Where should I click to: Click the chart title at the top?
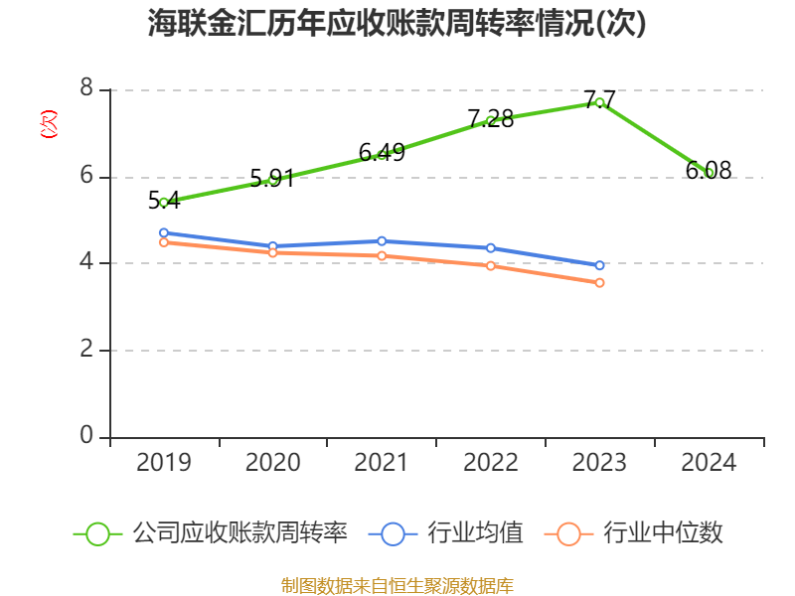[397, 24]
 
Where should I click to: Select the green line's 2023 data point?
[599, 102]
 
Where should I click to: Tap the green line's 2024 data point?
[709, 173]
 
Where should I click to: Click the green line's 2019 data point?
[164, 202]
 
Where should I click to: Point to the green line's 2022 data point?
[491, 120]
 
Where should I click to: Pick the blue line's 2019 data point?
[164, 232]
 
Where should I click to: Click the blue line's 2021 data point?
[382, 240]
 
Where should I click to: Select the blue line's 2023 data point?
[599, 265]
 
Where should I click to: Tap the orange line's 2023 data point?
[599, 282]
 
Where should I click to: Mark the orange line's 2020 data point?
[272, 252]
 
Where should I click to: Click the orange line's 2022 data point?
[491, 265]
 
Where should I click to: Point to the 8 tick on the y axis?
[86, 89]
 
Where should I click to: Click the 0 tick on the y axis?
[86, 436]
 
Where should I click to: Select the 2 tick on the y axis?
[86, 350]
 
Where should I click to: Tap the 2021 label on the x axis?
[382, 463]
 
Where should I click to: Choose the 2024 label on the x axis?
[709, 463]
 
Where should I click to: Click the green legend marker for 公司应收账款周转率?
[97, 533]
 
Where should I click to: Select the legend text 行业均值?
[475, 533]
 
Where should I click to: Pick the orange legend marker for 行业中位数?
[568, 533]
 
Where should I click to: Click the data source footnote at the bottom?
[397, 585]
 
